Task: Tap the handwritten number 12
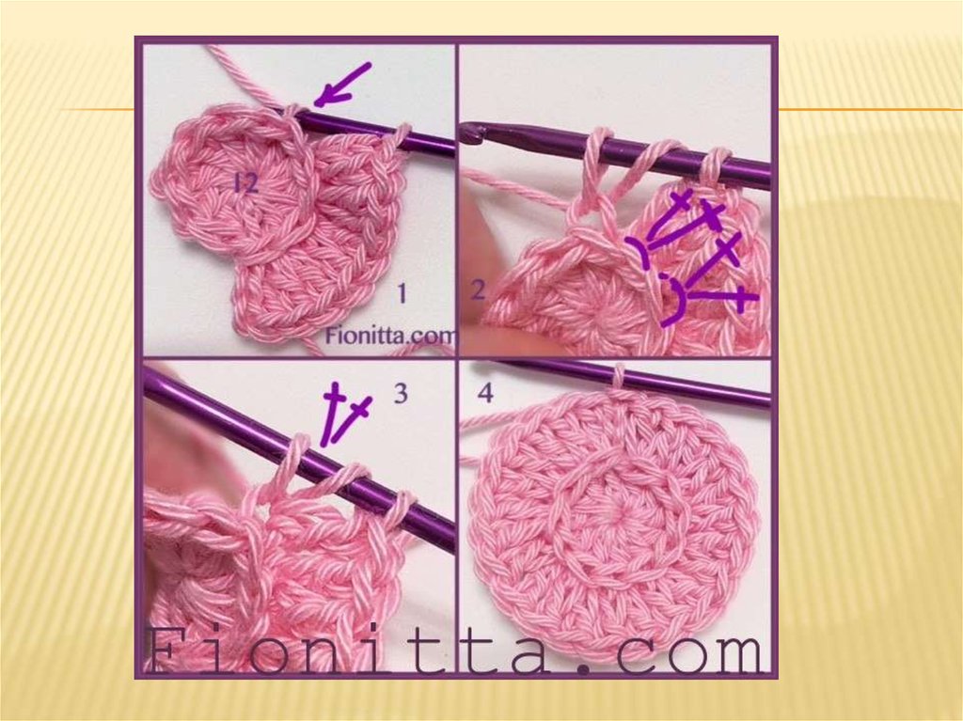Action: [x=245, y=182]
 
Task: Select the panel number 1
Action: [x=402, y=293]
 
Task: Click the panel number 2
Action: [x=478, y=290]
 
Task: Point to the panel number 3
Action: [x=401, y=393]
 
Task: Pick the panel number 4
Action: [x=485, y=392]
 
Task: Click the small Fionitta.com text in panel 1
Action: [x=390, y=336]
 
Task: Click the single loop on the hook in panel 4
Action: [x=619, y=376]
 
